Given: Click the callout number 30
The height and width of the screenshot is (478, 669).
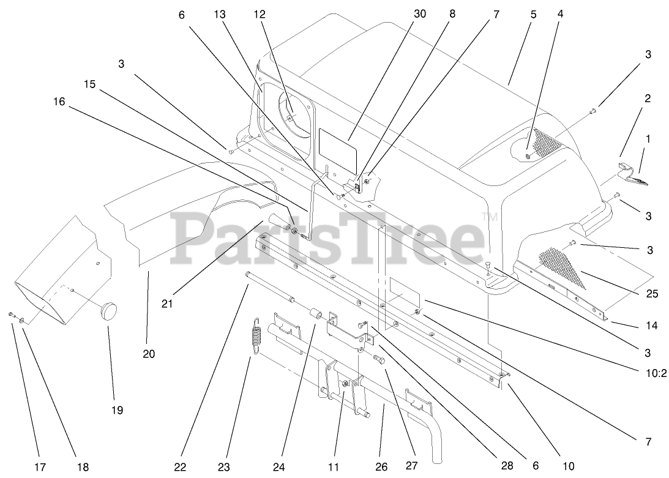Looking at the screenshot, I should pos(419,14).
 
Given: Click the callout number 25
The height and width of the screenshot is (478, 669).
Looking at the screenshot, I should pos(652,294).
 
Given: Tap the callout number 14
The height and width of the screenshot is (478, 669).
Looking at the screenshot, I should pos(652,326).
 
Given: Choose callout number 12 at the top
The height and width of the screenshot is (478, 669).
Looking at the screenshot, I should pos(260,14).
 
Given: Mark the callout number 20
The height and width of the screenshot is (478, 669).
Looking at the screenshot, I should pos(149,354).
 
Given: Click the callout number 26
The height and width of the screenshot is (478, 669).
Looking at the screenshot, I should pos(381,467).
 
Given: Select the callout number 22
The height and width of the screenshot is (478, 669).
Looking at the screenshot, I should pos(179,467).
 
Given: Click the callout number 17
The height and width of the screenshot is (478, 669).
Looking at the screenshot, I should pos(40,467).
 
